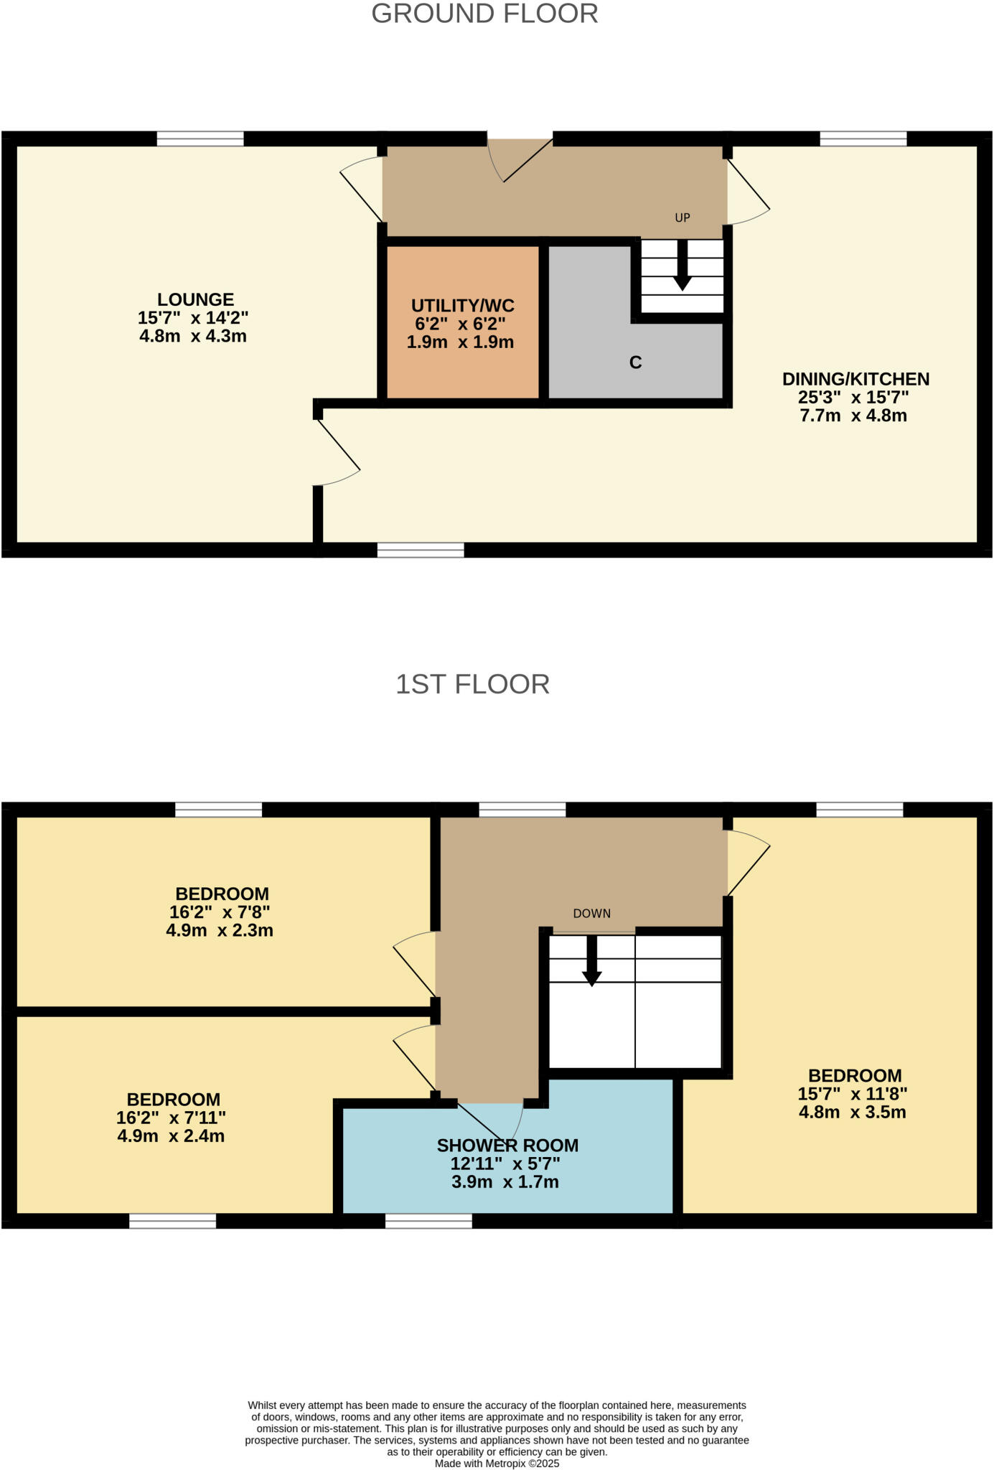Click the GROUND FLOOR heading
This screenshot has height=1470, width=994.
pyautogui.click(x=484, y=14)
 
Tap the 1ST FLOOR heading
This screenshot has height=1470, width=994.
pyautogui.click(x=472, y=684)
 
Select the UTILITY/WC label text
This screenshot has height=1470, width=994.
pyautogui.click(x=462, y=305)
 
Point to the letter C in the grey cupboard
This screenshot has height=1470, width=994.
pyautogui.click(x=635, y=362)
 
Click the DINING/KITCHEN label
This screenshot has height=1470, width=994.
pyautogui.click(x=855, y=379)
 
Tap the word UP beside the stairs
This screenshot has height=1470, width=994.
pyautogui.click(x=682, y=217)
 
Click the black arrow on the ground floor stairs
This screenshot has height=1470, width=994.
pyautogui.click(x=682, y=267)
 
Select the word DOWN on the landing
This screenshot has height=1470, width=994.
pyautogui.click(x=591, y=914)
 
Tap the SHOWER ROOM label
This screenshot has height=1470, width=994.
pyautogui.click(x=507, y=1146)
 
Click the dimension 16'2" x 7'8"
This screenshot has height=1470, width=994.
pyautogui.click(x=220, y=912)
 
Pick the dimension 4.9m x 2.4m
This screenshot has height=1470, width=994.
pyautogui.click(x=171, y=1136)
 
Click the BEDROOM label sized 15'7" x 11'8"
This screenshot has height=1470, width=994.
pyautogui.click(x=854, y=1075)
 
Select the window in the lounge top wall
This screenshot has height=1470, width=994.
pyautogui.click(x=200, y=139)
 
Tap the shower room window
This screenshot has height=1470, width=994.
pyautogui.click(x=428, y=1221)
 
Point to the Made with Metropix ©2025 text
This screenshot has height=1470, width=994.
pyautogui.click(x=497, y=1463)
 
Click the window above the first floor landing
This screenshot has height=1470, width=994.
pyautogui.click(x=522, y=810)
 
